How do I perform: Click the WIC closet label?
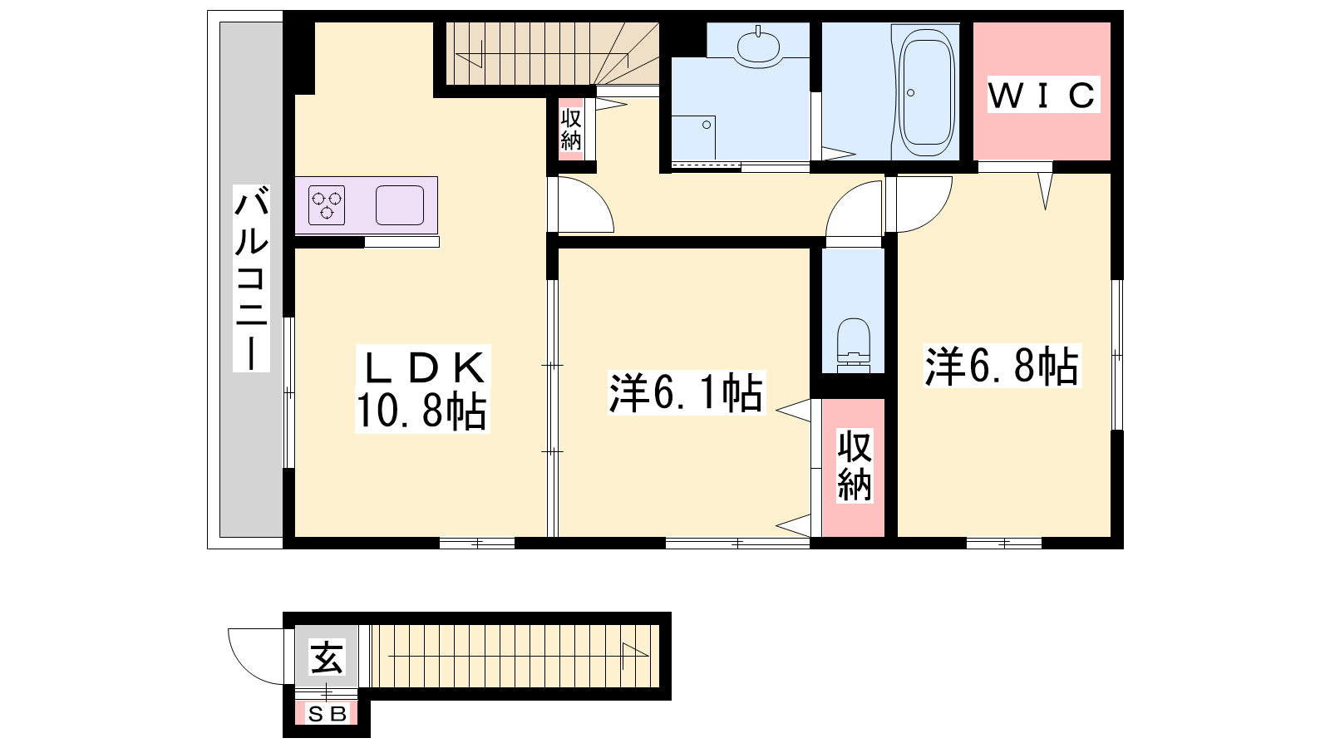pos(1043,95)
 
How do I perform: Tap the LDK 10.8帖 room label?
pos(422,389)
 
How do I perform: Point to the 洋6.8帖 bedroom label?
pos(1002,366)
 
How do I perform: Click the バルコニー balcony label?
pos(251,278)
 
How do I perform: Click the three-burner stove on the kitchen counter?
pos(327,204)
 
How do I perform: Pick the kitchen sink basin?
pos(400,204)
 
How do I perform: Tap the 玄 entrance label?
pos(327,657)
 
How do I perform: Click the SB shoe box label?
pos(328,714)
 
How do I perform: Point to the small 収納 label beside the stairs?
pos(570,130)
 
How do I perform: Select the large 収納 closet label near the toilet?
pos(855,466)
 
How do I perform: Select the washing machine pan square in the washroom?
pos(693,138)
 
